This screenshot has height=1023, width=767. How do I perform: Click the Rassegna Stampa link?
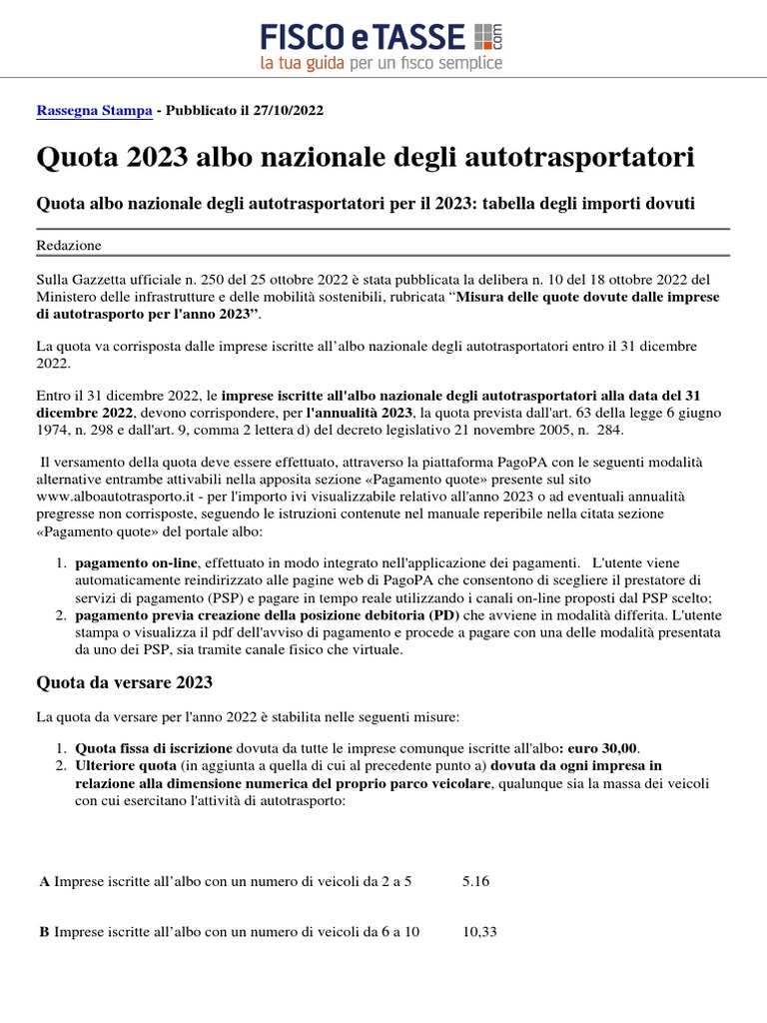point(94,111)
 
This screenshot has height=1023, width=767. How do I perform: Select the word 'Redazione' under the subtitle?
point(69,245)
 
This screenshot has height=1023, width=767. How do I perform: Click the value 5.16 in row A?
point(476,881)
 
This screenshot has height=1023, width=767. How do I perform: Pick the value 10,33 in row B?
point(479,931)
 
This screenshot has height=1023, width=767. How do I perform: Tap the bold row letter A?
point(44,881)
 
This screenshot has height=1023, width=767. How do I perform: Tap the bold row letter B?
point(44,931)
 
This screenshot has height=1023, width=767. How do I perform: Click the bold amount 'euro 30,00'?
point(601,748)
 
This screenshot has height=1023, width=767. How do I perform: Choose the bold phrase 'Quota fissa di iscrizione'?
point(154,748)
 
